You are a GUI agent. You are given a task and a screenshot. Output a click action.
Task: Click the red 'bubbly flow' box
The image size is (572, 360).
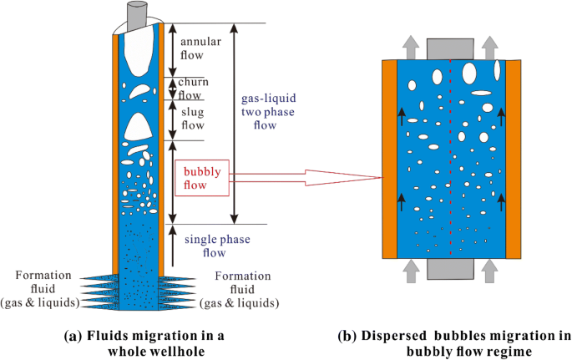(201, 178)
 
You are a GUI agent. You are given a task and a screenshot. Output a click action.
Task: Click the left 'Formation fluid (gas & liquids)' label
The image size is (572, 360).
(43, 288)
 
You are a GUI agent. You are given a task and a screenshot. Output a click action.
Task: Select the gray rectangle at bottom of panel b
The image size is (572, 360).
(452, 268)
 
